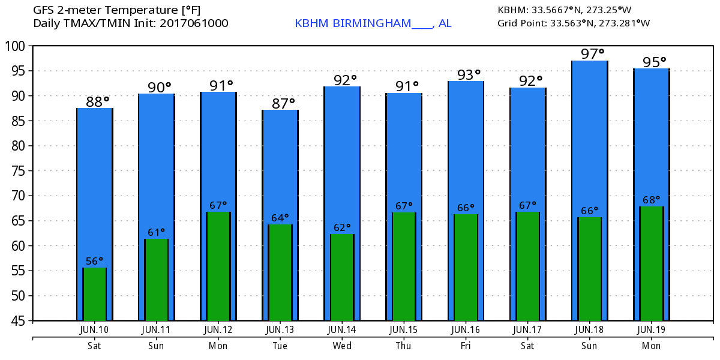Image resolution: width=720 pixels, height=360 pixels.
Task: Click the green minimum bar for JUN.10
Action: pyautogui.click(x=94, y=294)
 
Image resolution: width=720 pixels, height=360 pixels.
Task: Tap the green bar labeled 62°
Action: pyautogui.click(x=342, y=277)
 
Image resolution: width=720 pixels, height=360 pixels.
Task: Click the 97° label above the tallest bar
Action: pyautogui.click(x=592, y=54)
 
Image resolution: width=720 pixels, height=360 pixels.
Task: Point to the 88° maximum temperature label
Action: pyautogui.click(x=98, y=102)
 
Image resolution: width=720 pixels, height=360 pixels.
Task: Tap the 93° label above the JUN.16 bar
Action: pyautogui.click(x=469, y=75)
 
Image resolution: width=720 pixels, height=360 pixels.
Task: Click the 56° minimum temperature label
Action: pyautogui.click(x=94, y=261)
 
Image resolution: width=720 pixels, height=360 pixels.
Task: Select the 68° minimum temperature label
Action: pyautogui.click(x=651, y=200)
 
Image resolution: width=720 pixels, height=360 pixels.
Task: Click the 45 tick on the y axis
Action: pyautogui.click(x=18, y=320)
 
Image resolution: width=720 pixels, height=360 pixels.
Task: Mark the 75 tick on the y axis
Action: pyautogui.click(x=18, y=170)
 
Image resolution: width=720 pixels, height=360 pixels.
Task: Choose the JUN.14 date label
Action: pyautogui.click(x=342, y=329)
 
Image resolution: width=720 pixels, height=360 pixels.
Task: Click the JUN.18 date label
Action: pyautogui.click(x=589, y=329)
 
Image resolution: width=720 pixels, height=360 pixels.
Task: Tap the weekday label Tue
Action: pyautogui.click(x=280, y=346)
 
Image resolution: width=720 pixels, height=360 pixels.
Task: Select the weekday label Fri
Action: pyautogui.click(x=466, y=346)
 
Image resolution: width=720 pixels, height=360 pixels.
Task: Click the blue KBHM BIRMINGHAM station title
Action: pyautogui.click(x=373, y=23)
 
